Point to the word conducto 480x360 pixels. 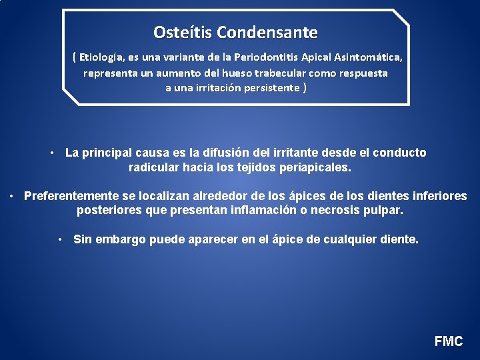[399, 153]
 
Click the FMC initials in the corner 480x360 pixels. [448, 341]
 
